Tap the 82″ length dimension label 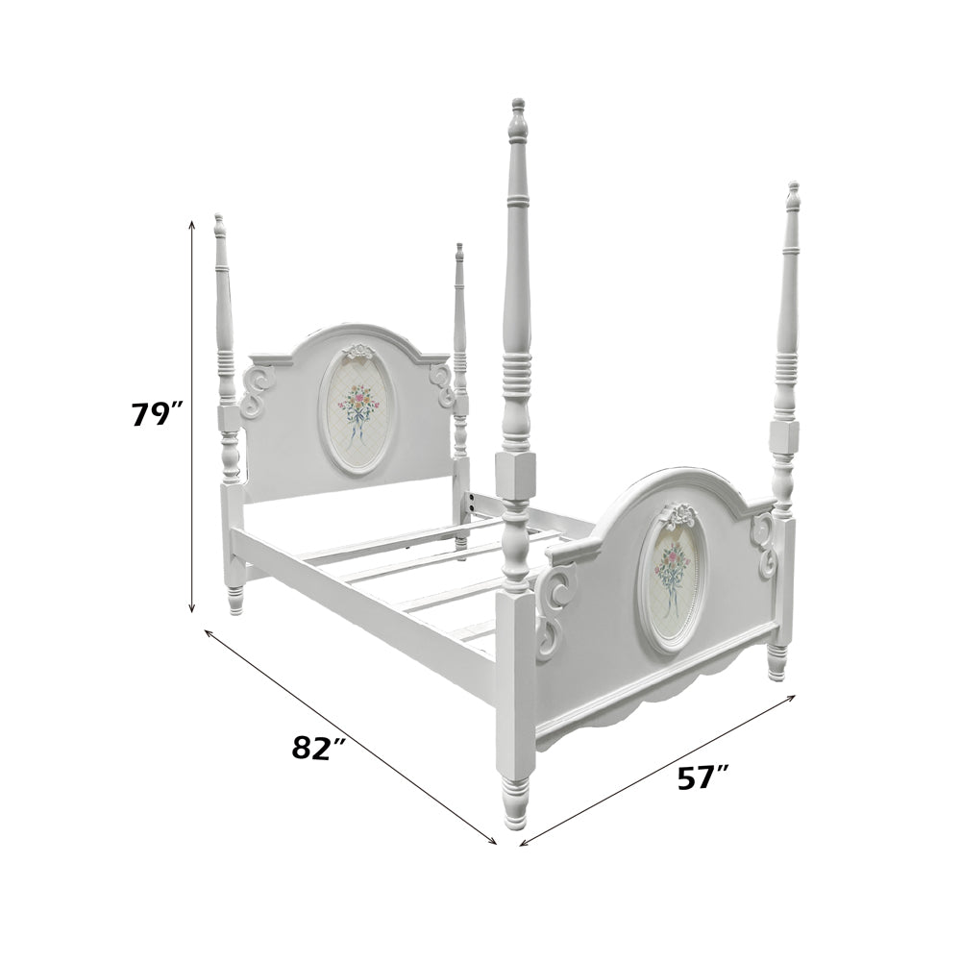click(x=318, y=749)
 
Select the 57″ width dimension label click(x=702, y=778)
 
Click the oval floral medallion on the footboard click(x=672, y=587)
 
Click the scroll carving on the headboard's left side click(x=257, y=392)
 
